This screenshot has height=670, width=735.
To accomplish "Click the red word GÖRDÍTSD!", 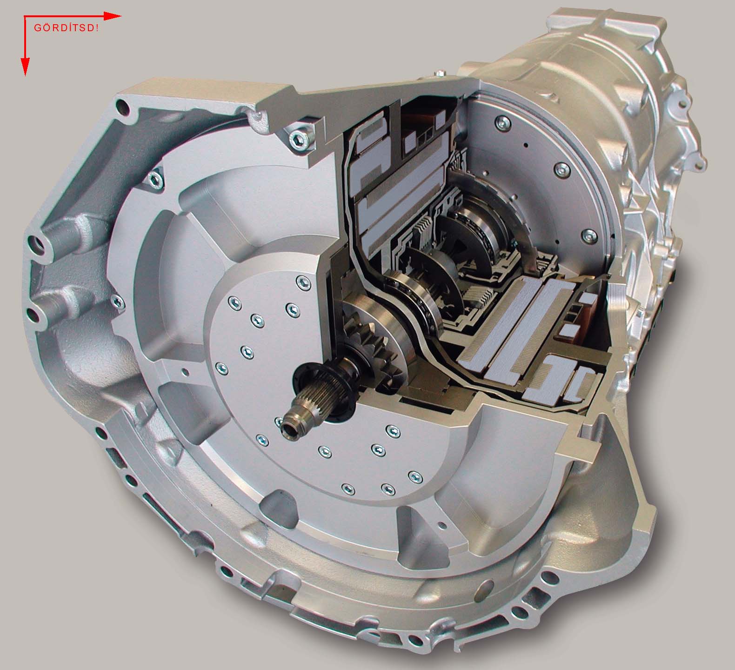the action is tap(66, 27).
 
